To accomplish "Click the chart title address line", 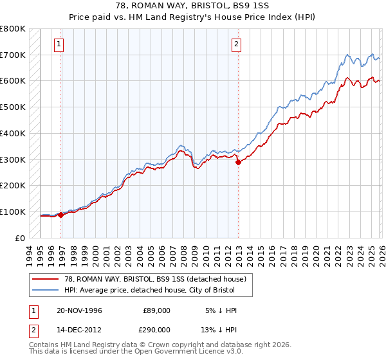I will tap(193, 6).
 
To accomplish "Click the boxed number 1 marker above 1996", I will tap(59, 44).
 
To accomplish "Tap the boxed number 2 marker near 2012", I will tap(236, 44).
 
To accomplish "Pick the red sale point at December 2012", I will tap(239, 162).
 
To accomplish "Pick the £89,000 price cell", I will tap(156, 310).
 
